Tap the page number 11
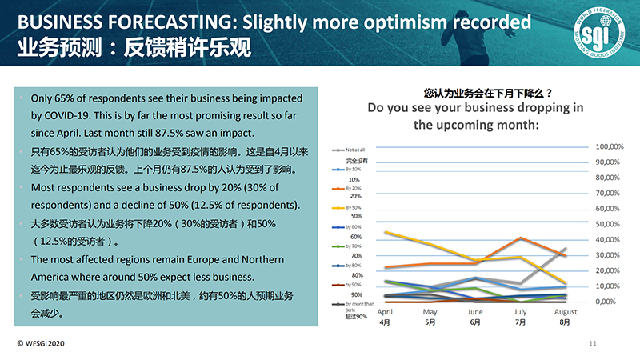click(x=593, y=343)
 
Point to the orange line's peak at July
click(x=521, y=238)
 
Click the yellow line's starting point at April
click(x=386, y=232)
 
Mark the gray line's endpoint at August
click(x=565, y=249)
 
